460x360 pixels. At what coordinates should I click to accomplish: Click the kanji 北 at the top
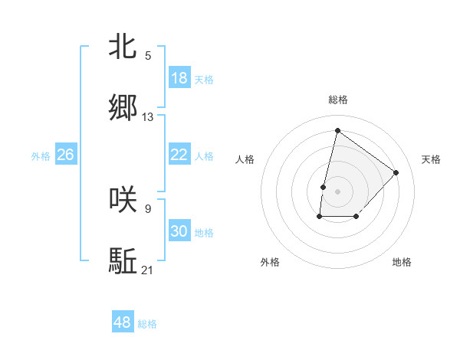coord(123,47)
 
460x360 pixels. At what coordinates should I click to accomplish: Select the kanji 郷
coord(123,108)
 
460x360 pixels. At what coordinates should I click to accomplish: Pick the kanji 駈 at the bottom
coord(123,260)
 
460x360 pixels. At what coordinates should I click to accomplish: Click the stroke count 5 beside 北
coord(148,55)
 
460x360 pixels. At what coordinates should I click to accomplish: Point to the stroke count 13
coord(148,117)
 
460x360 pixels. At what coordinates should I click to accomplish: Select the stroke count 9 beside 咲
coord(148,208)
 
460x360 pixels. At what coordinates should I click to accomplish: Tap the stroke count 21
coord(148,270)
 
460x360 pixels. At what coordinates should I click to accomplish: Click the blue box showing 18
coord(179,78)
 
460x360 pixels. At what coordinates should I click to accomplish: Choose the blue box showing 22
coord(179,155)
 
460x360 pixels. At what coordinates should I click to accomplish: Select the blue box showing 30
coord(179,231)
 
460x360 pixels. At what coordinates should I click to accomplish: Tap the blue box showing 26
coord(66,155)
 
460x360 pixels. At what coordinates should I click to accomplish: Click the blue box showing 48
coord(123,322)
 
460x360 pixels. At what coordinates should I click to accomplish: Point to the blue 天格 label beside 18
coord(204,80)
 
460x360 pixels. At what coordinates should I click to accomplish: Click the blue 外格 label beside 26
coord(41,156)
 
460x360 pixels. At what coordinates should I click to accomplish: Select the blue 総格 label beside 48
coord(147,324)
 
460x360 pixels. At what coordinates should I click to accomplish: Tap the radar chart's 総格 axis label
coord(338,100)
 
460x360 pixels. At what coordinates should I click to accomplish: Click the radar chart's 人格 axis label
coord(245,159)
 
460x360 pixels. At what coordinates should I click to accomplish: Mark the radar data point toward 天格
coord(396,172)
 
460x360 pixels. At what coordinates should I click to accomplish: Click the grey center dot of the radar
coord(337,190)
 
